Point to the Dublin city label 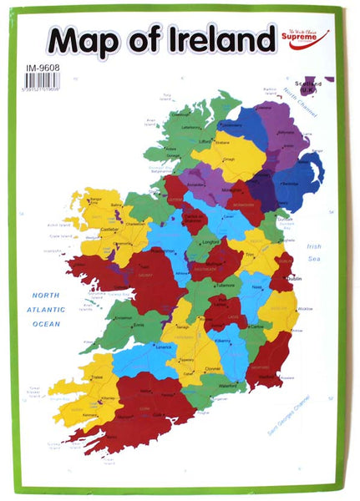click(x=294, y=278)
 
